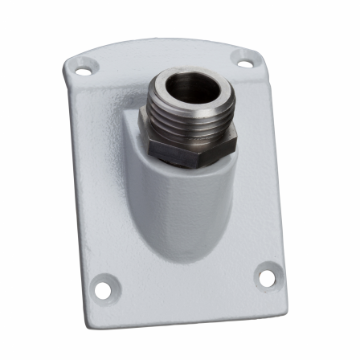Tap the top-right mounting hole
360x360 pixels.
pyautogui.click(x=244, y=58)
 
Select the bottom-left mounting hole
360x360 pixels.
pyautogui.click(x=103, y=284)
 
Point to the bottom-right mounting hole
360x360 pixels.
pyautogui.click(x=265, y=276)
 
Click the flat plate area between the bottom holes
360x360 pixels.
pyautogui.click(x=185, y=285)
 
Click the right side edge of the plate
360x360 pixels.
pyautogui.click(x=276, y=169)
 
